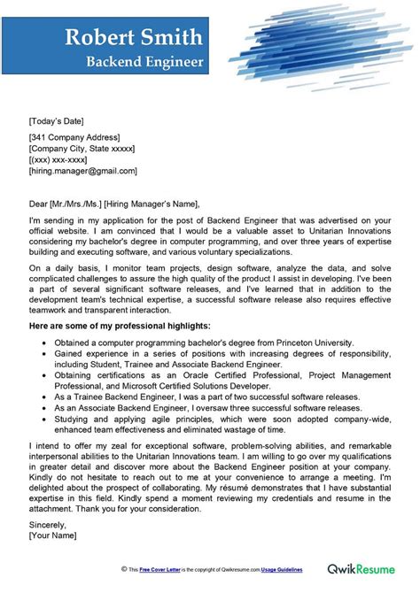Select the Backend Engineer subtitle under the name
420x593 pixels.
pyautogui.click(x=144, y=62)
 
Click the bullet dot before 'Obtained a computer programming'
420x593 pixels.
pyautogui.click(x=43, y=342)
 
